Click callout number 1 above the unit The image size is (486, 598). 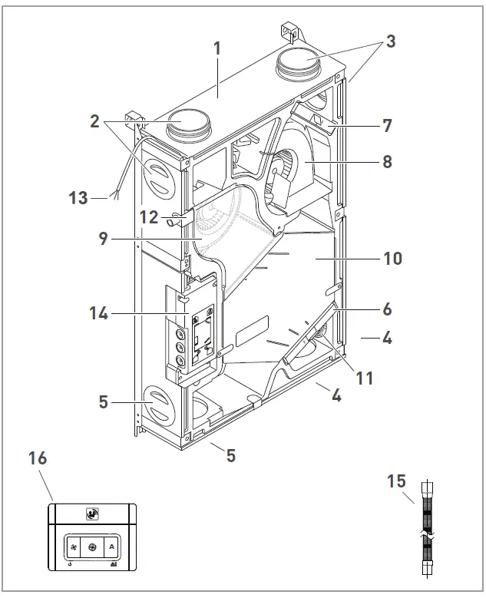tap(217, 48)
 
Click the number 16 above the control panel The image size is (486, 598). tap(38, 458)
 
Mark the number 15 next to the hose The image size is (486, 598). tap(397, 483)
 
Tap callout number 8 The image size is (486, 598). tap(387, 162)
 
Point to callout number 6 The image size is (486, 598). tap(387, 309)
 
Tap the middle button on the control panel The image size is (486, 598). tap(93, 547)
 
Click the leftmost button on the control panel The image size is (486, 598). tap(74, 547)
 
